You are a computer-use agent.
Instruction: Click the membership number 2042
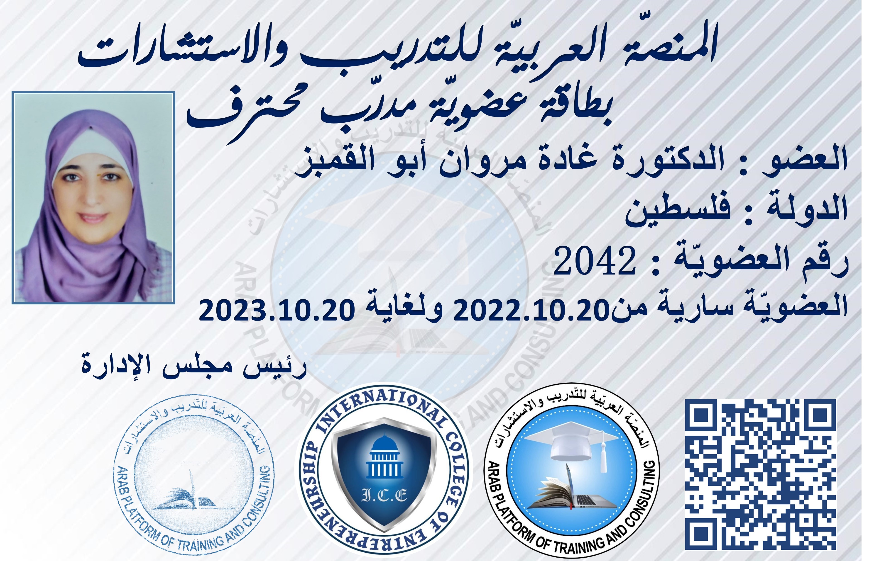[x=595, y=261]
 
